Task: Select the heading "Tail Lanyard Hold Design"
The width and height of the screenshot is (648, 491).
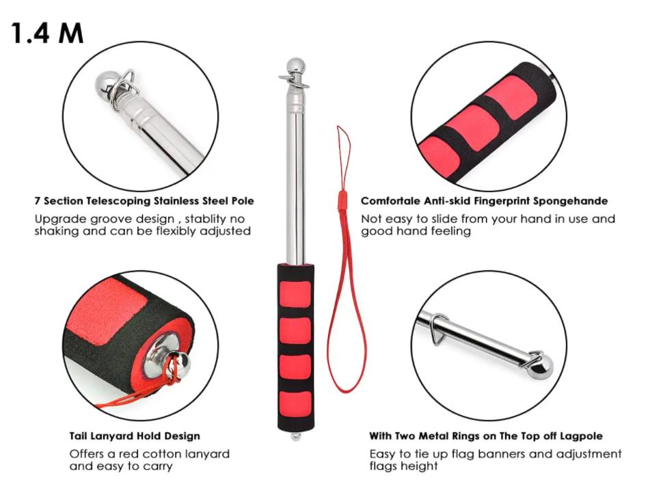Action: click(x=135, y=436)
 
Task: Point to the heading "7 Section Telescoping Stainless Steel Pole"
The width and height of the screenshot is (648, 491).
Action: click(x=144, y=201)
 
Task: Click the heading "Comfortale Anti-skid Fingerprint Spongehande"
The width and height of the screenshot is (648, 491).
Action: click(x=484, y=201)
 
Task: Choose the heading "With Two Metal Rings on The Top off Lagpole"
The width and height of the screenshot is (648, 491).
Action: click(x=486, y=436)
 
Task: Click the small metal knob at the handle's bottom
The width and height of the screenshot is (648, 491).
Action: click(x=295, y=436)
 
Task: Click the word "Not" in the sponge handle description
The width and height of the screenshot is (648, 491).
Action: click(x=373, y=219)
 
